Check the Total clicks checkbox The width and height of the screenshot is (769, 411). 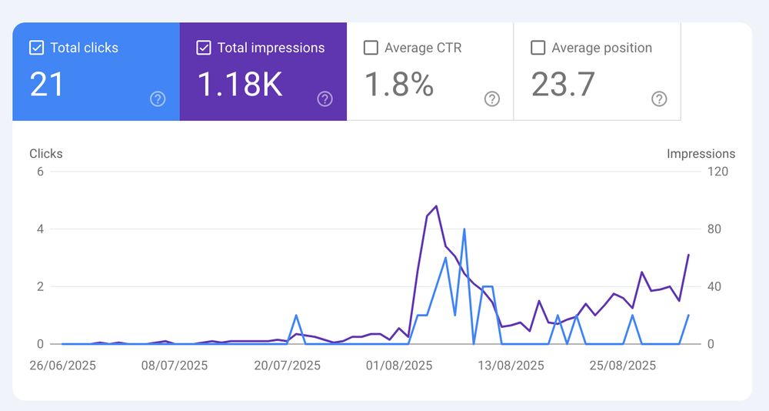tap(36, 48)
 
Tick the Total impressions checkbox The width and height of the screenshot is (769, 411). tap(204, 48)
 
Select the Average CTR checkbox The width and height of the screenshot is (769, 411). tap(371, 48)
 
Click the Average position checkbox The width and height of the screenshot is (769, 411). tap(538, 48)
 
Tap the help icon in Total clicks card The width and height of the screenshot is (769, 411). tap(158, 99)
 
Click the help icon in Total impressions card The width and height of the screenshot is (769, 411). tap(325, 99)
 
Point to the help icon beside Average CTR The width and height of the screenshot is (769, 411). tap(492, 99)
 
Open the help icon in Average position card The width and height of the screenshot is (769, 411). tap(659, 99)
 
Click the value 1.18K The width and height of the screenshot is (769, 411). tap(240, 85)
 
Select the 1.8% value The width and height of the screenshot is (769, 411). tap(399, 85)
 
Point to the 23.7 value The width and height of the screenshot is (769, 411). tap(563, 85)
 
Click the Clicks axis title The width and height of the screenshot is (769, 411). tap(46, 153)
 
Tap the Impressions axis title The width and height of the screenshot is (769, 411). tap(701, 154)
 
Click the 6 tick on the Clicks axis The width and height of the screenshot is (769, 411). tap(40, 171)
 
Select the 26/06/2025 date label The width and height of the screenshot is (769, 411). tap(62, 365)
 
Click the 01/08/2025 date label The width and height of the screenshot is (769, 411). tap(399, 365)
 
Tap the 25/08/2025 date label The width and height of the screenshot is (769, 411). tap(623, 365)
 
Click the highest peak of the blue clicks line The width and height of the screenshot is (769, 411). tap(464, 229)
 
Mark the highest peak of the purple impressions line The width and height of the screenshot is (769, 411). tap(436, 206)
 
